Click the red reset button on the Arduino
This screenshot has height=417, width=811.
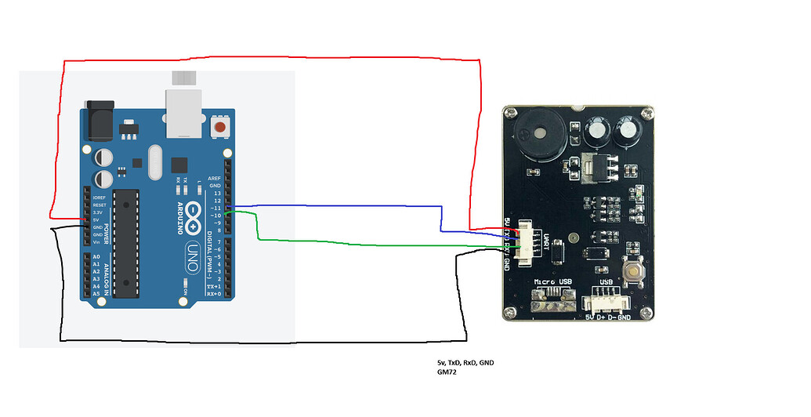tap(220, 127)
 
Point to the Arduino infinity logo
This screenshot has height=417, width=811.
tap(194, 214)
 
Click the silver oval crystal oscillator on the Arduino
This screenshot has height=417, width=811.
tap(153, 162)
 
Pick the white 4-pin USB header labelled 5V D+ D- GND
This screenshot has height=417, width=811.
tap(606, 300)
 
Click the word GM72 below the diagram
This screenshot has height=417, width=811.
tap(447, 372)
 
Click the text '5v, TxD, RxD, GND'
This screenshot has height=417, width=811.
tap(465, 362)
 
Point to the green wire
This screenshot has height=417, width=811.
tap(353, 244)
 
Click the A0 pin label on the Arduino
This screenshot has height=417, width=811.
tap(96, 256)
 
